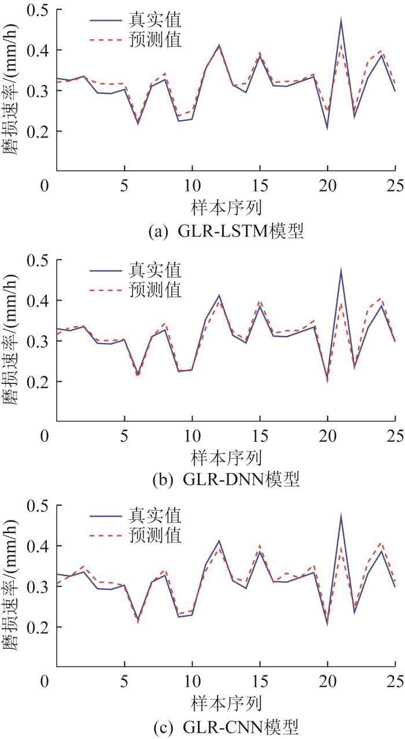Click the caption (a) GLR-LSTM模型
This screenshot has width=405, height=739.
pyautogui.click(x=226, y=232)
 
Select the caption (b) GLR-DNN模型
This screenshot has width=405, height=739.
pyautogui.click(x=226, y=480)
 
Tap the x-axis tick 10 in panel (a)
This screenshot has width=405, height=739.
pyautogui.click(x=192, y=186)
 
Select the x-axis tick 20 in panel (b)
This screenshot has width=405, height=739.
pyautogui.click(x=327, y=435)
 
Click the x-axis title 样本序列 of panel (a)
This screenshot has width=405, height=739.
pyautogui.click(x=226, y=207)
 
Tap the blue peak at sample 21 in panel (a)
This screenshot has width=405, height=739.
pyautogui.click(x=341, y=20)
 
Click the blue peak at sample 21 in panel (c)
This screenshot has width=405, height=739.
pyautogui.click(x=341, y=516)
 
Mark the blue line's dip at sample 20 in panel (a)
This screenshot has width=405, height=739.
pyautogui.click(x=327, y=127)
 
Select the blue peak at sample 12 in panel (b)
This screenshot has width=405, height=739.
pyautogui.click(x=219, y=295)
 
